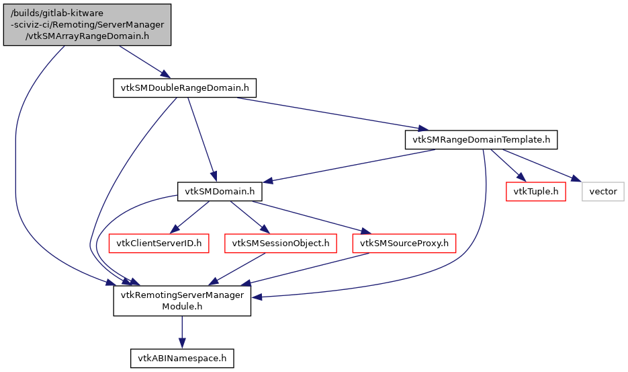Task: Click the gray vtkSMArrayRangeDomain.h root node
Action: (87, 25)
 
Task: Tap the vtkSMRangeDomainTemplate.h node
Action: (481, 140)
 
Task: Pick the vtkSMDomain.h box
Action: (219, 192)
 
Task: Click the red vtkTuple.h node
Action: (535, 192)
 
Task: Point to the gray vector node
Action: (602, 192)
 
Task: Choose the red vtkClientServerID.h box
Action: (159, 243)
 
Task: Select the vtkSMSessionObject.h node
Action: (280, 243)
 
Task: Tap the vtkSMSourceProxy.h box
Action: (404, 243)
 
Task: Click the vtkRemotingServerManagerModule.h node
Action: (181, 301)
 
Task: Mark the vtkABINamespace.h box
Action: (181, 359)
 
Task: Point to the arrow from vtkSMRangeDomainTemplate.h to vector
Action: (537, 165)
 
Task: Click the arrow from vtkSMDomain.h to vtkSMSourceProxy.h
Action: (309, 217)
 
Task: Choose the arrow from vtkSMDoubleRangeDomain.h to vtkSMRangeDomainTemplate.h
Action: (329, 113)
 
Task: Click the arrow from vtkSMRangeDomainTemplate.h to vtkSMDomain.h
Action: (349, 165)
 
